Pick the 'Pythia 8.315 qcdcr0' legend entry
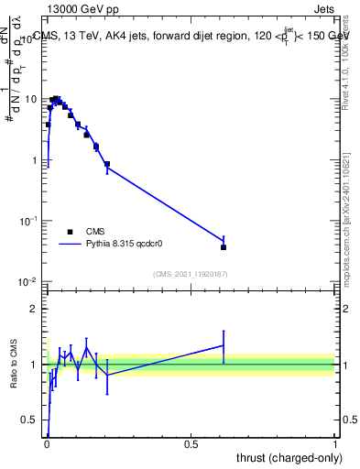pyautogui.click(x=125, y=245)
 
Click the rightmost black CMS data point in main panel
pyautogui.click(x=224, y=246)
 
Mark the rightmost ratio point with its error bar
pyautogui.click(x=224, y=345)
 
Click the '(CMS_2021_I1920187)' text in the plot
pyautogui.click(x=191, y=274)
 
